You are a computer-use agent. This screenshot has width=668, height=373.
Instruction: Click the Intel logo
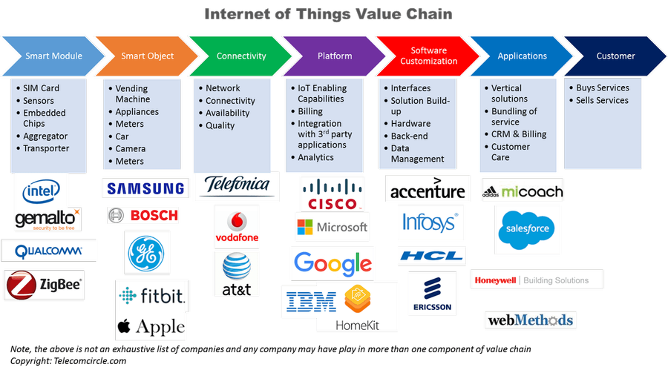[42, 191]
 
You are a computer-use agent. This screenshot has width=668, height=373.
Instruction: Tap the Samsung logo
[145, 189]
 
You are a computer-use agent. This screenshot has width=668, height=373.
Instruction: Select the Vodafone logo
[236, 226]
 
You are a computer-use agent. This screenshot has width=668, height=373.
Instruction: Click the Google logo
[332, 263]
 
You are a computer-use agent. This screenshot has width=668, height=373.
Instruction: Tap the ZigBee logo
[45, 284]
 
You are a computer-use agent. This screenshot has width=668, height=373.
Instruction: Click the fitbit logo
[152, 295]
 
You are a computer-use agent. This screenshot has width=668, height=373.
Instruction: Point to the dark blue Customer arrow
[615, 56]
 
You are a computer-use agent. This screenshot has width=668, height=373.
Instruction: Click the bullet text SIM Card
[41, 88]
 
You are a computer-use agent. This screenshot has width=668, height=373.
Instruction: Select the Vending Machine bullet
[132, 93]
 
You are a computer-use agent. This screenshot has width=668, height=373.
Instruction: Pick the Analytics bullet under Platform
[315, 157]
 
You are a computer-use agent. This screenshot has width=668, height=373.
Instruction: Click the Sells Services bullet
[602, 100]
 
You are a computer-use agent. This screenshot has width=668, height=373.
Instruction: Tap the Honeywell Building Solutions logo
[537, 280]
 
